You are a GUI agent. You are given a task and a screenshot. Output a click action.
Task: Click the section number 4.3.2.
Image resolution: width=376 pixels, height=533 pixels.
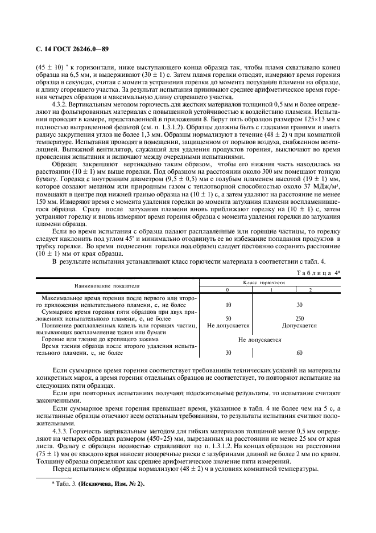pyautogui.click(x=61, y=105)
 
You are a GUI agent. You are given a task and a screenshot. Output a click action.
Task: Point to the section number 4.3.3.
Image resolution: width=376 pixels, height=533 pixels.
pyautogui.click(x=61, y=432)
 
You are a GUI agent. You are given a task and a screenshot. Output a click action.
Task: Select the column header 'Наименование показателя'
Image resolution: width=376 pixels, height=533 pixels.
pyautogui.click(x=109, y=285)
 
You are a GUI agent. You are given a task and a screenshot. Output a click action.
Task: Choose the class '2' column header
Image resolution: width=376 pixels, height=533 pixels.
pyautogui.click(x=310, y=290)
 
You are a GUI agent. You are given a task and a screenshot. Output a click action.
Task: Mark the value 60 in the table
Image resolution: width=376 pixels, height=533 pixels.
pyautogui.click(x=299, y=352)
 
